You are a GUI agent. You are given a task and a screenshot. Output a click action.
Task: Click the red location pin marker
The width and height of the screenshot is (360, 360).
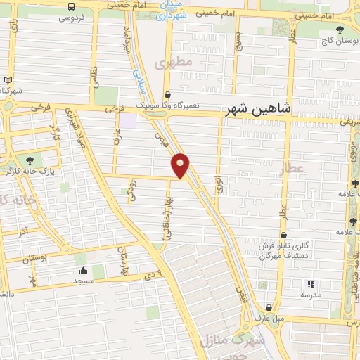click(x=181, y=165)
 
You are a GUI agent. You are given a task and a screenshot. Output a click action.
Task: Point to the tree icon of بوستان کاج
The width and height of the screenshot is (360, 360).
click(x=340, y=30)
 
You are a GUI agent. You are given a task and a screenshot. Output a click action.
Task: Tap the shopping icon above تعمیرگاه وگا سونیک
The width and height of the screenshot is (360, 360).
click(x=167, y=94)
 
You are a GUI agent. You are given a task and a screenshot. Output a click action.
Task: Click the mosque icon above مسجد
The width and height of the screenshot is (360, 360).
click(x=84, y=270)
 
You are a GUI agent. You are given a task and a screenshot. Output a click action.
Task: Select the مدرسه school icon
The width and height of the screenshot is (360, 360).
click(x=310, y=284)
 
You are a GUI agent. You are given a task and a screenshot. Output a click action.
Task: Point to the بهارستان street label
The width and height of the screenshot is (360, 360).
click(x=120, y=262)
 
